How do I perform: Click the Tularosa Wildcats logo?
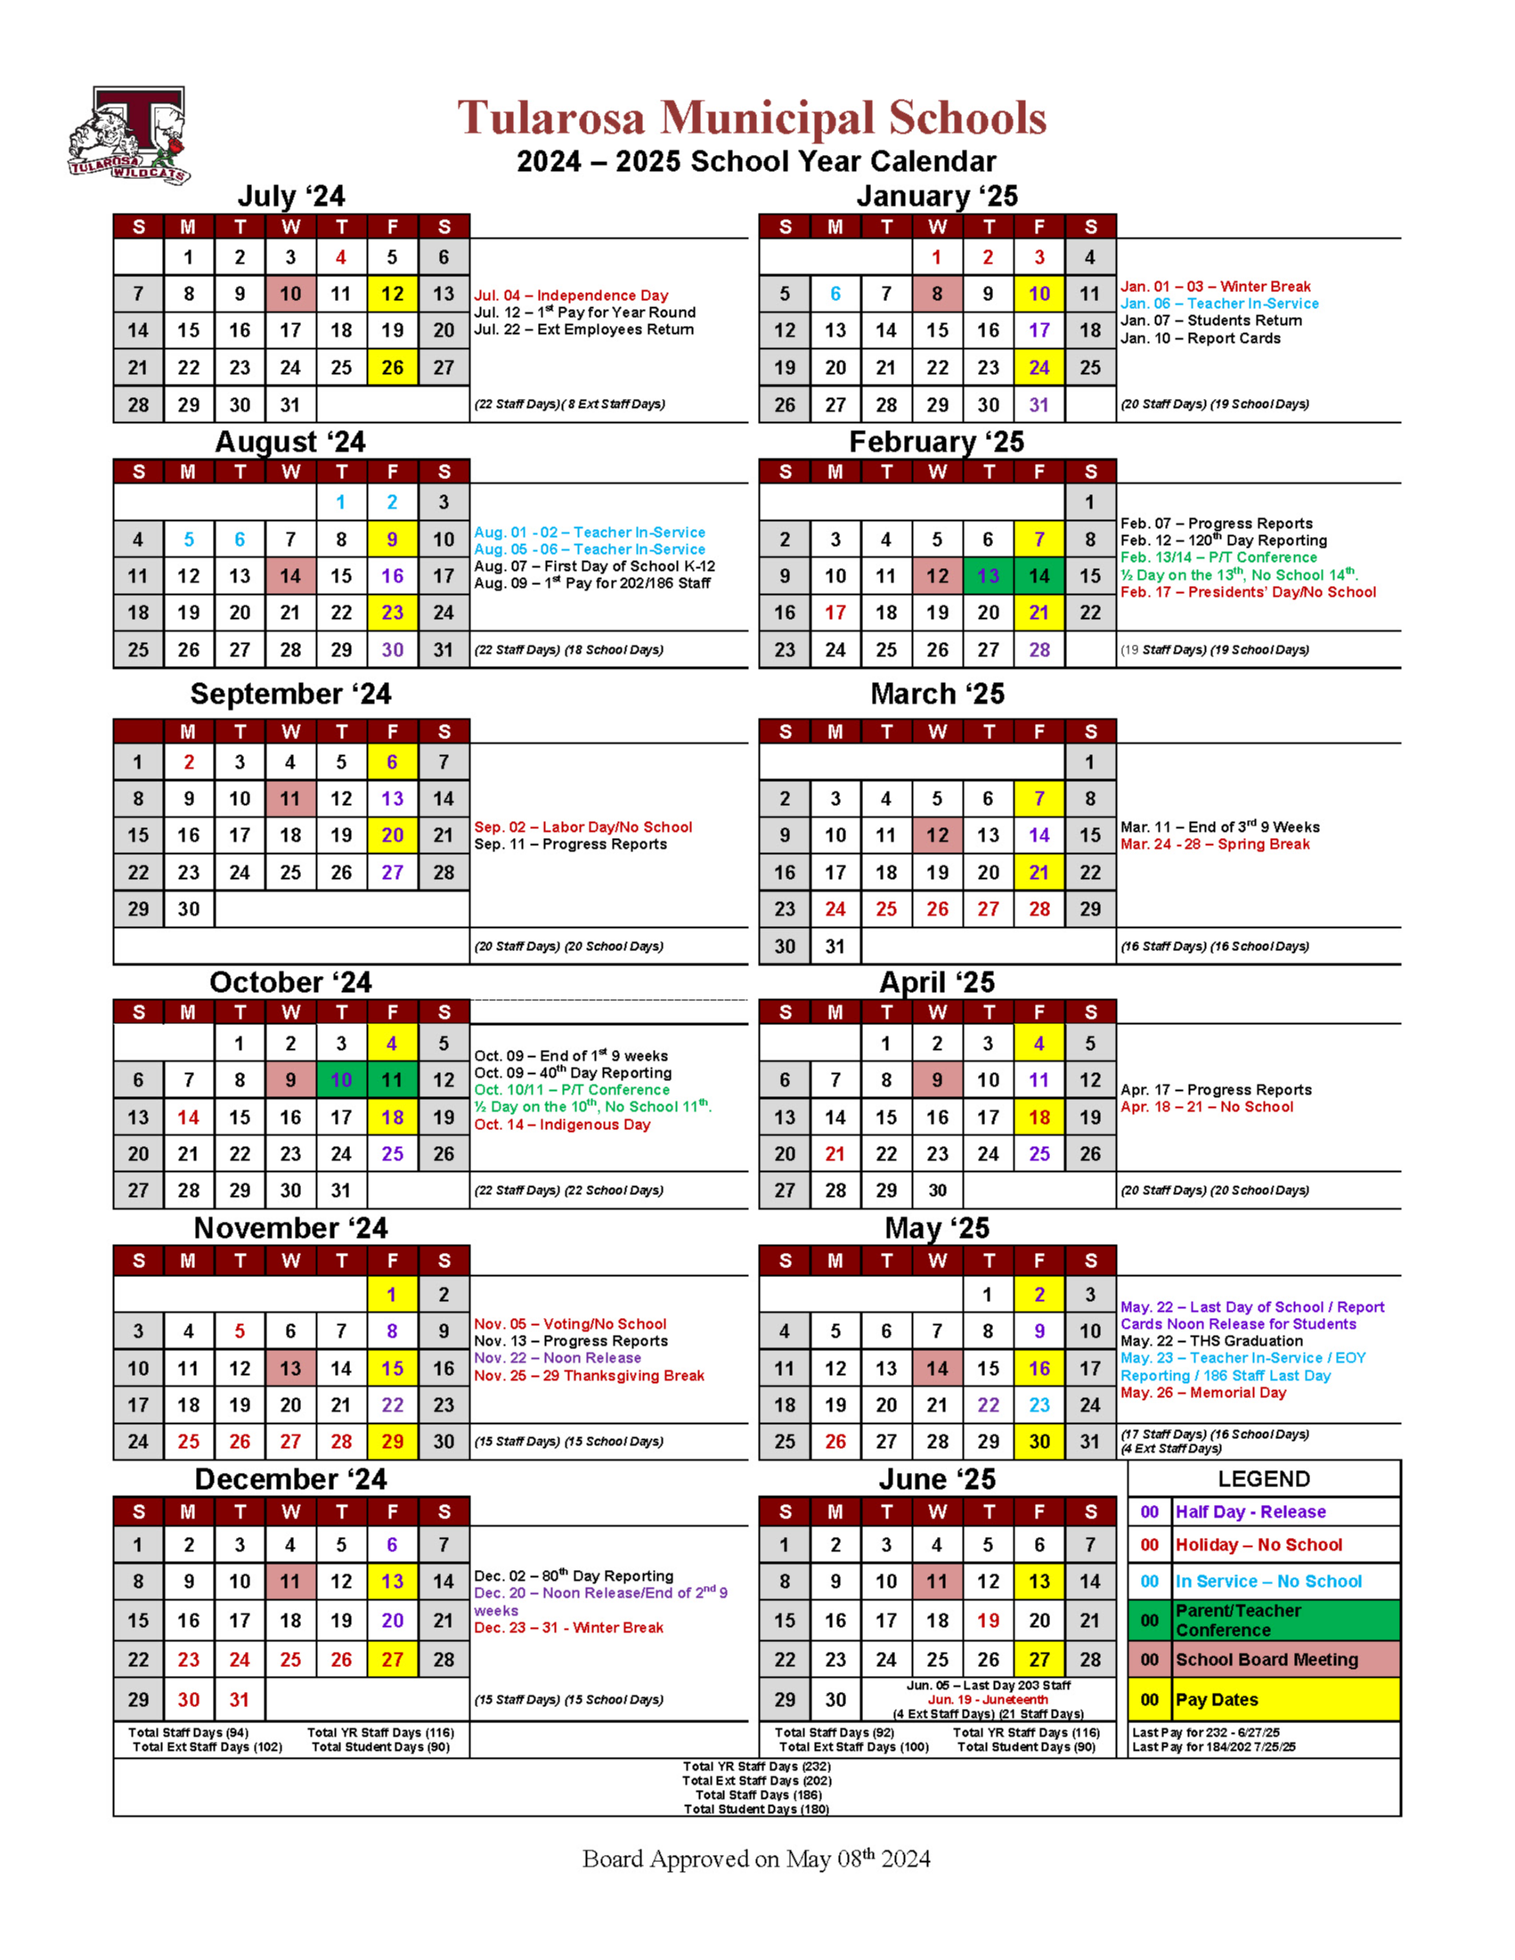[x=128, y=135]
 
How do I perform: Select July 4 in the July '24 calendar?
[x=341, y=257]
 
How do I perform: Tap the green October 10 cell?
[x=341, y=1080]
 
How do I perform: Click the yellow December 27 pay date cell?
[x=392, y=1659]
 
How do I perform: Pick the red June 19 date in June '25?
[x=988, y=1621]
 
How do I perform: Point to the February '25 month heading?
[x=936, y=443]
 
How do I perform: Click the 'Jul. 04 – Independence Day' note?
[x=571, y=296]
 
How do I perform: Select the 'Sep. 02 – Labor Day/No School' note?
[x=582, y=826]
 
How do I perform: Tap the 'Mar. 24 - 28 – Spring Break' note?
[x=1214, y=844]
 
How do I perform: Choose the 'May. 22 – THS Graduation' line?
[x=1210, y=1341]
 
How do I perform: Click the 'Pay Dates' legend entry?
[x=1216, y=1700]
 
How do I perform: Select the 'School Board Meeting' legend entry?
[x=1267, y=1660]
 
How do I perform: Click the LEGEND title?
[x=1264, y=1479]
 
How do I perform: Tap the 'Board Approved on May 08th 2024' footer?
[x=755, y=1858]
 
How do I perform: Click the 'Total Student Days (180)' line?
[x=755, y=1810]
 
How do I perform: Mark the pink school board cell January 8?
[x=937, y=295]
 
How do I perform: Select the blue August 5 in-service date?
[x=189, y=540]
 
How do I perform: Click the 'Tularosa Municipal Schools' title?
[x=752, y=118]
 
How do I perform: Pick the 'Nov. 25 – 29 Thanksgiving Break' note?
[x=589, y=1376]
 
